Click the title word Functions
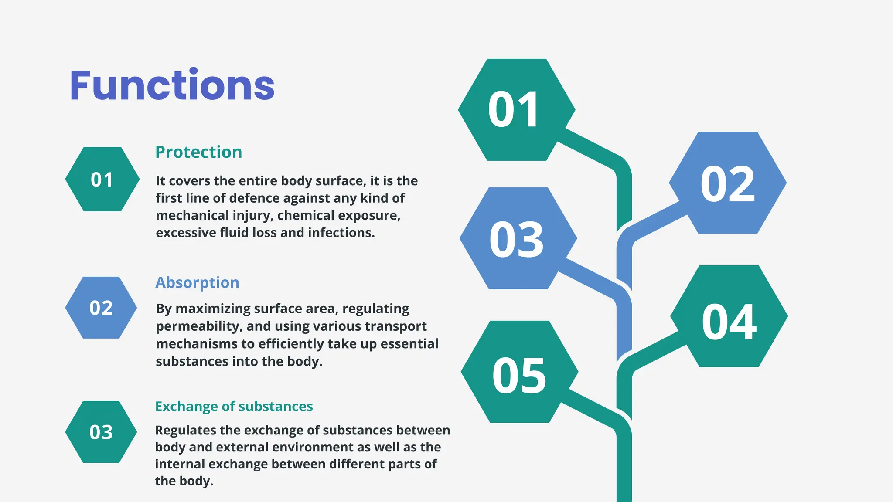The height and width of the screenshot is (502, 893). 172,85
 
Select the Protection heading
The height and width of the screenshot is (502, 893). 198,152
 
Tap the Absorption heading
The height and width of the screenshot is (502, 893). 197,282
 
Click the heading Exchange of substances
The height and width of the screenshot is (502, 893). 234,406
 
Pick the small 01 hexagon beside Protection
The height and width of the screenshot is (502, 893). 102,179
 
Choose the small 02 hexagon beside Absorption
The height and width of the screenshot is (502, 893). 101,308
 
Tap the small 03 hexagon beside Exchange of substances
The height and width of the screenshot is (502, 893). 101,432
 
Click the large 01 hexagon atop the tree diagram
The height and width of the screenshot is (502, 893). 516,110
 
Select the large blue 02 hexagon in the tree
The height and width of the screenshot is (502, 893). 727,183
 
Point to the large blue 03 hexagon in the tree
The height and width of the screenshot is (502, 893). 518,238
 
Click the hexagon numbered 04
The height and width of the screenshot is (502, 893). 729,316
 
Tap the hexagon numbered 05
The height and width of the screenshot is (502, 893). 519,372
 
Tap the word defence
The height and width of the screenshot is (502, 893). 253,198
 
